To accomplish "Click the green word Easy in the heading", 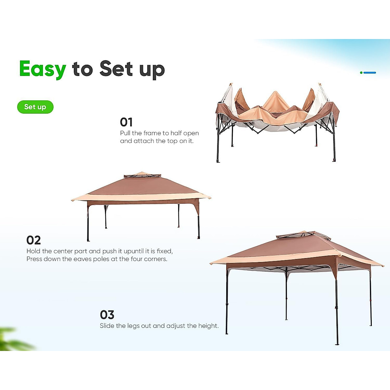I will [x=43, y=69].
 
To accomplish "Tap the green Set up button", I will [x=35, y=107].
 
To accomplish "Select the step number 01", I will [x=126, y=122].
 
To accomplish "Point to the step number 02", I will [x=33, y=240].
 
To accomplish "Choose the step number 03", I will [x=107, y=315].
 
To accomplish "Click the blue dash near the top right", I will [x=370, y=72].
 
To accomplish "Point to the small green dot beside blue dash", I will [x=361, y=72].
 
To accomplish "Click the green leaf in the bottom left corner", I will [x=13, y=340].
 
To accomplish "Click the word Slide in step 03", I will [x=107, y=326].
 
